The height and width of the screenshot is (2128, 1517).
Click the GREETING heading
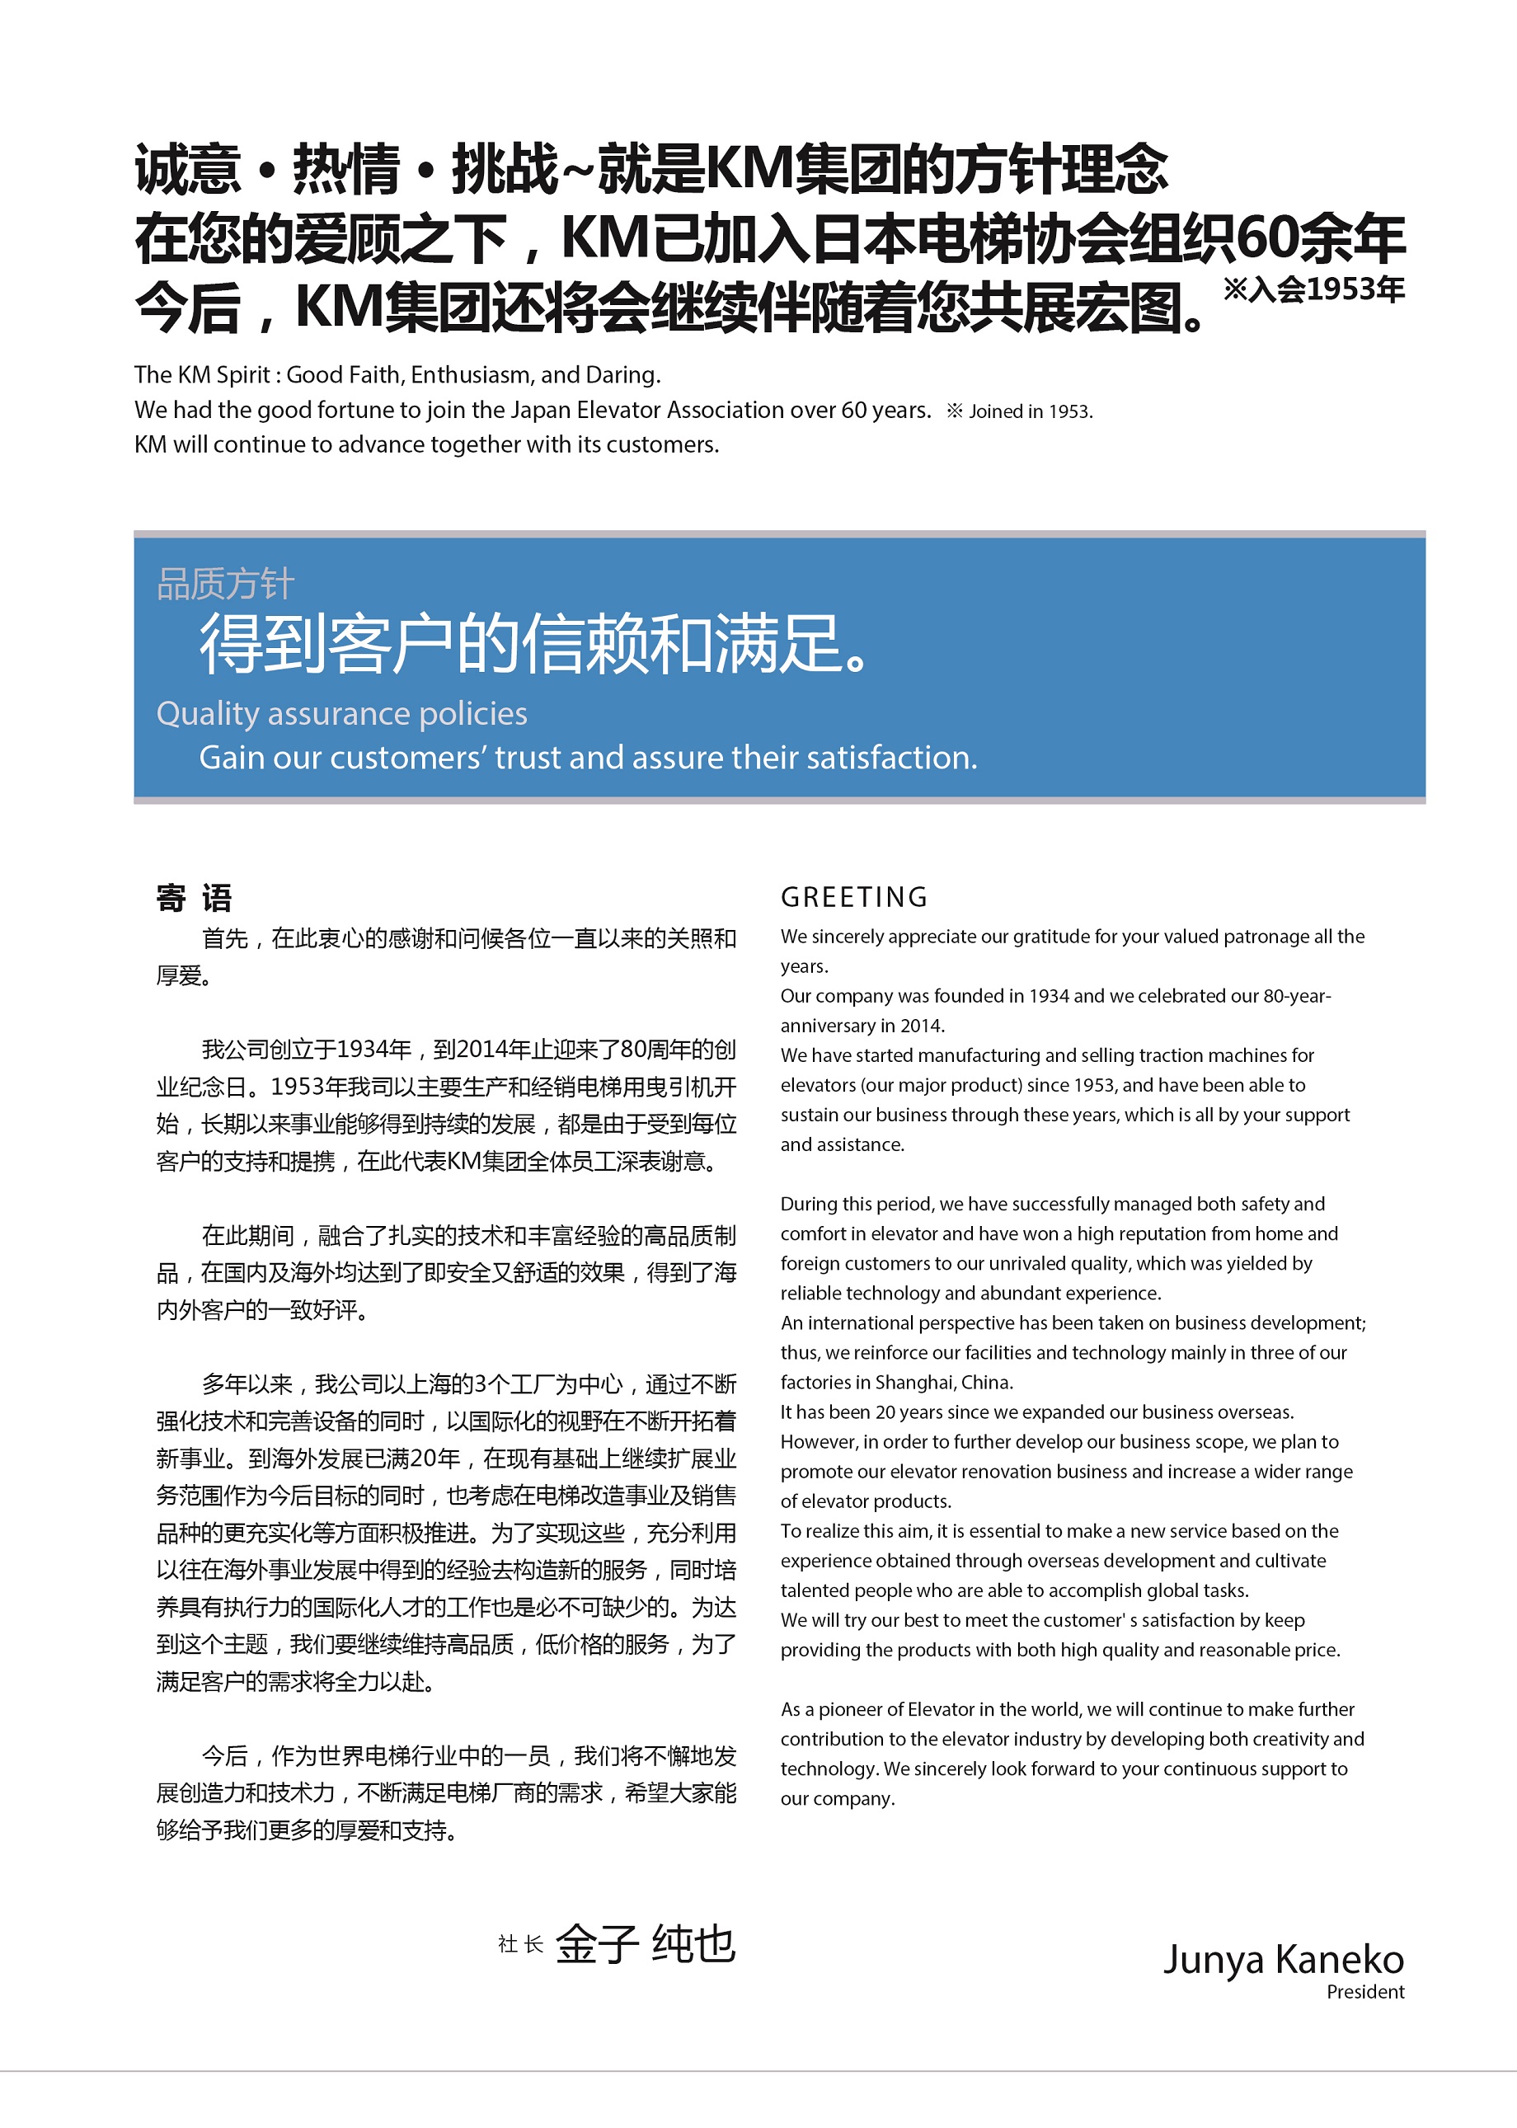coord(854,897)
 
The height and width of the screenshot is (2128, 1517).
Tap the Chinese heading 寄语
coord(195,898)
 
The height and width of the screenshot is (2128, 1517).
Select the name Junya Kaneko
coord(1283,1959)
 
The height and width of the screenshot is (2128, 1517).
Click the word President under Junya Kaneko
coord(1364,1992)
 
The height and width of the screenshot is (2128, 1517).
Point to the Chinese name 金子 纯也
coord(646,1945)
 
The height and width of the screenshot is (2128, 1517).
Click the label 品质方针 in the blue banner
coord(225,585)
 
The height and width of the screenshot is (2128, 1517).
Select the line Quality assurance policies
coord(342,714)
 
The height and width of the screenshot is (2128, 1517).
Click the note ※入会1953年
coord(1313,289)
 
